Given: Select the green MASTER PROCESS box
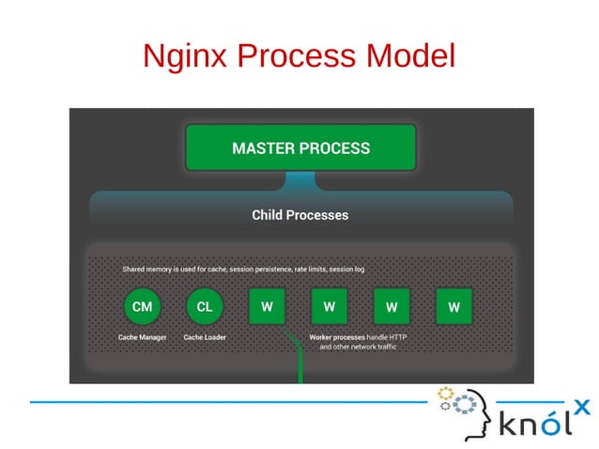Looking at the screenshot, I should click(300, 148).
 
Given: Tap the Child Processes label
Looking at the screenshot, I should click(299, 215).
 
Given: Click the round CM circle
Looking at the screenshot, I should click(142, 307).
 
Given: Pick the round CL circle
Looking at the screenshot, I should click(205, 307).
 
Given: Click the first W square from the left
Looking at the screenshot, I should click(267, 307).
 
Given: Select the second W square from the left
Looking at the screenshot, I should click(329, 307).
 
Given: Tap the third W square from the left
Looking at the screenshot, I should click(392, 307).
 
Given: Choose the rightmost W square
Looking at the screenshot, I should click(453, 307).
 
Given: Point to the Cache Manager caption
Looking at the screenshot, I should click(142, 336).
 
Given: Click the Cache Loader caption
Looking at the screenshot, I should click(204, 336).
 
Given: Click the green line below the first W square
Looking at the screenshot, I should click(299, 362).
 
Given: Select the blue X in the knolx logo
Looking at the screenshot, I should click(582, 406).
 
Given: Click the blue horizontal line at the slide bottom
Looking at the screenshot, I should click(225, 402).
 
